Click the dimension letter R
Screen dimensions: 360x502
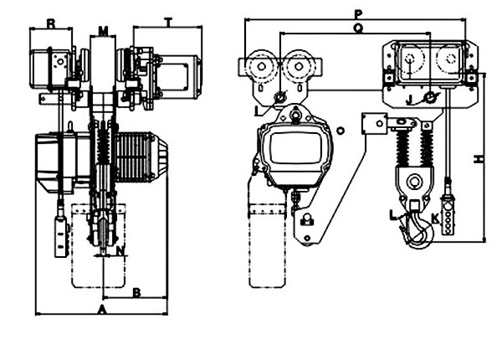[x=51, y=23]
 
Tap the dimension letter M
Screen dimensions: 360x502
[x=103, y=30]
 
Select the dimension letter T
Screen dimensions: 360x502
[x=168, y=23]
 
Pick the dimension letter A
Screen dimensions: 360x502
[x=100, y=309]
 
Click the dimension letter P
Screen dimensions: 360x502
[x=358, y=13]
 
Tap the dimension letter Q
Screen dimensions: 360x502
[x=357, y=27]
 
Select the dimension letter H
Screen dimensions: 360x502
[x=479, y=157]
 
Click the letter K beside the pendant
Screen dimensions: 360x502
[x=436, y=220]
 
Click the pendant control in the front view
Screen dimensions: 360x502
[x=62, y=234]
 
